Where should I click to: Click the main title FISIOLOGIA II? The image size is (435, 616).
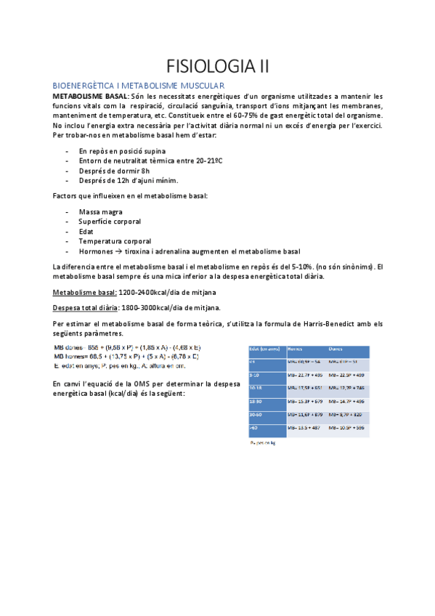point(217,68)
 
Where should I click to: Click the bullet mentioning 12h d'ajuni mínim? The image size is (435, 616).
point(128,181)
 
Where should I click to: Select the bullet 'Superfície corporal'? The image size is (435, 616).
point(110,222)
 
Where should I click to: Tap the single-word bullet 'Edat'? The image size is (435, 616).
point(87,232)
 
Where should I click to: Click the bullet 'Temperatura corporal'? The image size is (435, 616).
point(115,241)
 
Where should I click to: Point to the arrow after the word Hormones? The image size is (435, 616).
point(118,251)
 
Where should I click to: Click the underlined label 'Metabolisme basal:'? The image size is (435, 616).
point(85,291)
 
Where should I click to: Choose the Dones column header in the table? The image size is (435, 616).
point(337,349)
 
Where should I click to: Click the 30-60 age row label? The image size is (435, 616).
point(256,414)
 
